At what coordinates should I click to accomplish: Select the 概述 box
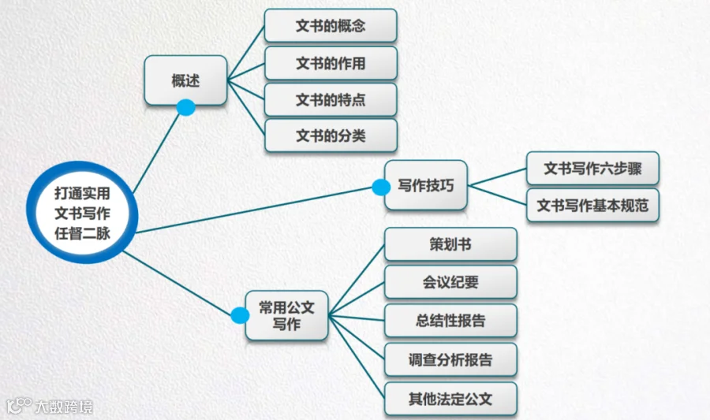186,80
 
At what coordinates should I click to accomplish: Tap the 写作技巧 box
426,185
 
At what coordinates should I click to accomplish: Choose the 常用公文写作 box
287,315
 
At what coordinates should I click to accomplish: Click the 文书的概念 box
331,25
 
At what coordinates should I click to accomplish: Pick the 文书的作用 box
331,63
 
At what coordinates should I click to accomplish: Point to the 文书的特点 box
331,100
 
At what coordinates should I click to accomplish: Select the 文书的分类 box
331,136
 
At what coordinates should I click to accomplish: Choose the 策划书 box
450,244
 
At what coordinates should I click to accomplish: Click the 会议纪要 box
450,282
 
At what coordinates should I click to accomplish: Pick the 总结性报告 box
450,321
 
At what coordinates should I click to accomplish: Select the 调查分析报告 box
450,359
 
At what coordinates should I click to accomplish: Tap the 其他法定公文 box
450,399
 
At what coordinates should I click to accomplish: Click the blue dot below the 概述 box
186,107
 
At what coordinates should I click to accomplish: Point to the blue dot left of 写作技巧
381,188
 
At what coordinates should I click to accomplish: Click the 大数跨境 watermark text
63,407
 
